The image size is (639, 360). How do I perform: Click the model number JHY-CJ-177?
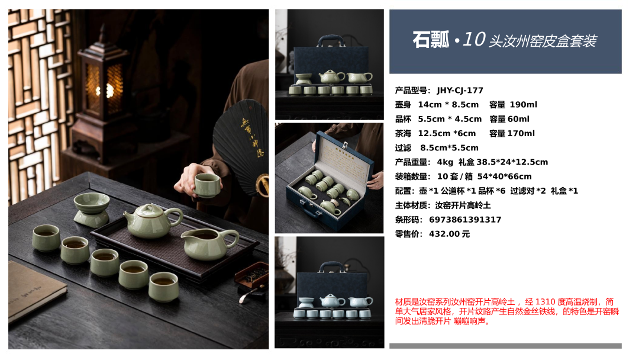[x=460, y=91]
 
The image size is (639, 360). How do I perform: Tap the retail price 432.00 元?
[x=449, y=234]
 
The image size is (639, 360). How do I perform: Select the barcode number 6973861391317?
[x=465, y=220]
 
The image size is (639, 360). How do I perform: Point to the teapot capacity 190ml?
[x=523, y=105]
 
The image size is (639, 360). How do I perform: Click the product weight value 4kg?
[x=445, y=162]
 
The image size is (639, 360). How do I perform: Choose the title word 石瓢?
[x=431, y=40]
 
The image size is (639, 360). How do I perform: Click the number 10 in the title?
[x=473, y=40]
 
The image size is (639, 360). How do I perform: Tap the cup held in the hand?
[x=207, y=185]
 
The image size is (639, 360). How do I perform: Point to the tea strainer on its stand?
[x=91, y=210]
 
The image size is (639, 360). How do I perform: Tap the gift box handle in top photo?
[x=331, y=40]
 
